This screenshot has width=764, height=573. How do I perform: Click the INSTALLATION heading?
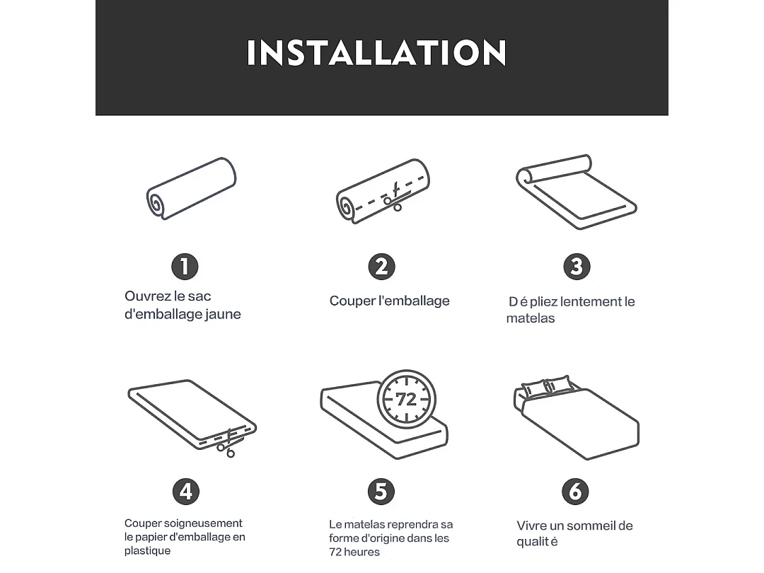click(376, 53)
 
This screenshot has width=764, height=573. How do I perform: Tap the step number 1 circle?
click(185, 267)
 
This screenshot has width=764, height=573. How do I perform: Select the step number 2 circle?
click(381, 267)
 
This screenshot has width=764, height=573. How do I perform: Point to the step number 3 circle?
click(577, 267)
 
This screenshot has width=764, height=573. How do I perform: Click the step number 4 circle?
click(185, 491)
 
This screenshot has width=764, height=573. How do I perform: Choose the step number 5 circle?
click(381, 491)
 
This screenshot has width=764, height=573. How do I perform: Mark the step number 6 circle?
click(575, 491)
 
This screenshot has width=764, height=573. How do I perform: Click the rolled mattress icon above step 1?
click(191, 188)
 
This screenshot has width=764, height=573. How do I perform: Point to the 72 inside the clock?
click(406, 400)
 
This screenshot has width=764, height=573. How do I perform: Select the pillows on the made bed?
click(547, 386)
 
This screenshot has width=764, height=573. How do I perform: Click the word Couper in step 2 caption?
click(352, 301)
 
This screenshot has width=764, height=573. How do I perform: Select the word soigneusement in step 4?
click(203, 523)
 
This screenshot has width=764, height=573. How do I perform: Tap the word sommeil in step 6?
click(590, 526)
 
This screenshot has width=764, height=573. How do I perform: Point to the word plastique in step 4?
click(147, 550)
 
